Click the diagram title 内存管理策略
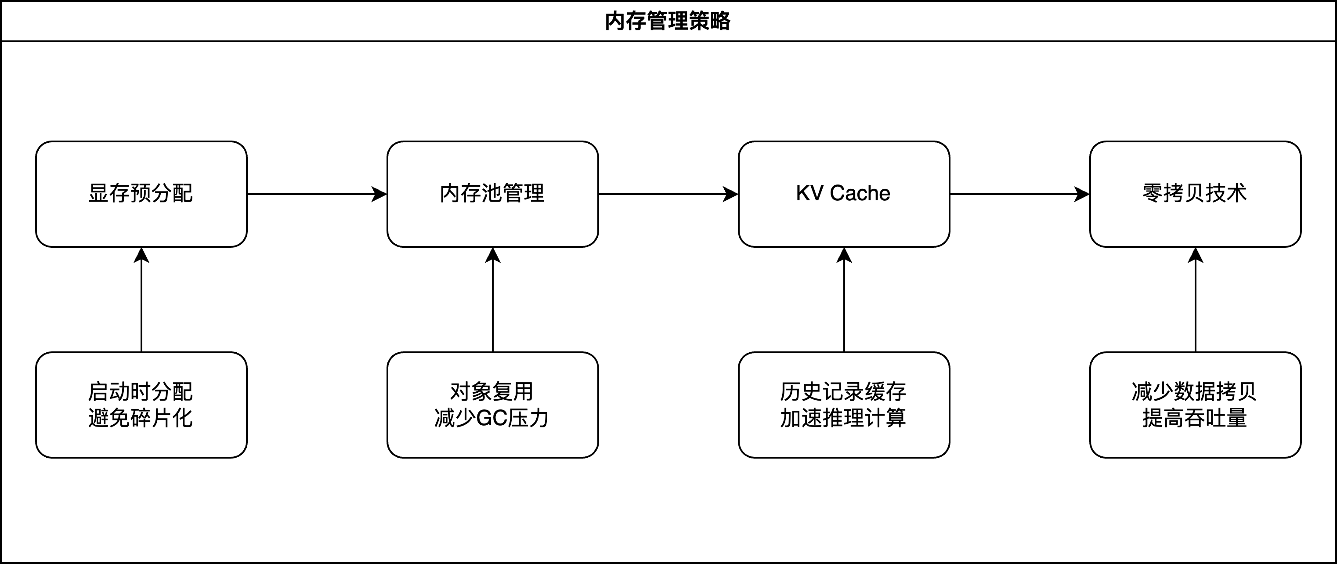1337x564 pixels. click(x=668, y=21)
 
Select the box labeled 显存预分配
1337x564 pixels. click(x=141, y=194)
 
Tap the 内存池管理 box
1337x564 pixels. click(x=492, y=194)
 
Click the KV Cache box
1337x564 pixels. click(x=843, y=194)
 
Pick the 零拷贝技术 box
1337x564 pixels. click(x=1195, y=194)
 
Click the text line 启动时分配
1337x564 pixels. click(x=141, y=392)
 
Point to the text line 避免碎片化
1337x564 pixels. click(x=141, y=418)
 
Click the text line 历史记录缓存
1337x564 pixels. click(x=843, y=392)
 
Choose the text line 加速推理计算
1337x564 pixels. click(x=843, y=418)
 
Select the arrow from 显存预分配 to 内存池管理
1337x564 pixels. click(x=317, y=195)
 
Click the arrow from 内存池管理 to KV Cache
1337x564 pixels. click(x=668, y=195)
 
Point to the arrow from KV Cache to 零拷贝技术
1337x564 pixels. click(x=1019, y=195)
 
